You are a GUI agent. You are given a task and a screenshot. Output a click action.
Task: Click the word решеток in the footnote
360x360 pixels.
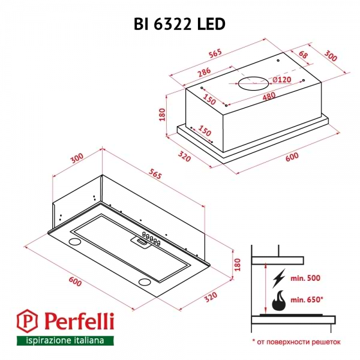pos(324,341)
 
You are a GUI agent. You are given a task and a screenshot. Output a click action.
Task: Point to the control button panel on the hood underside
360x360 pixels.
pos(148,240)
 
